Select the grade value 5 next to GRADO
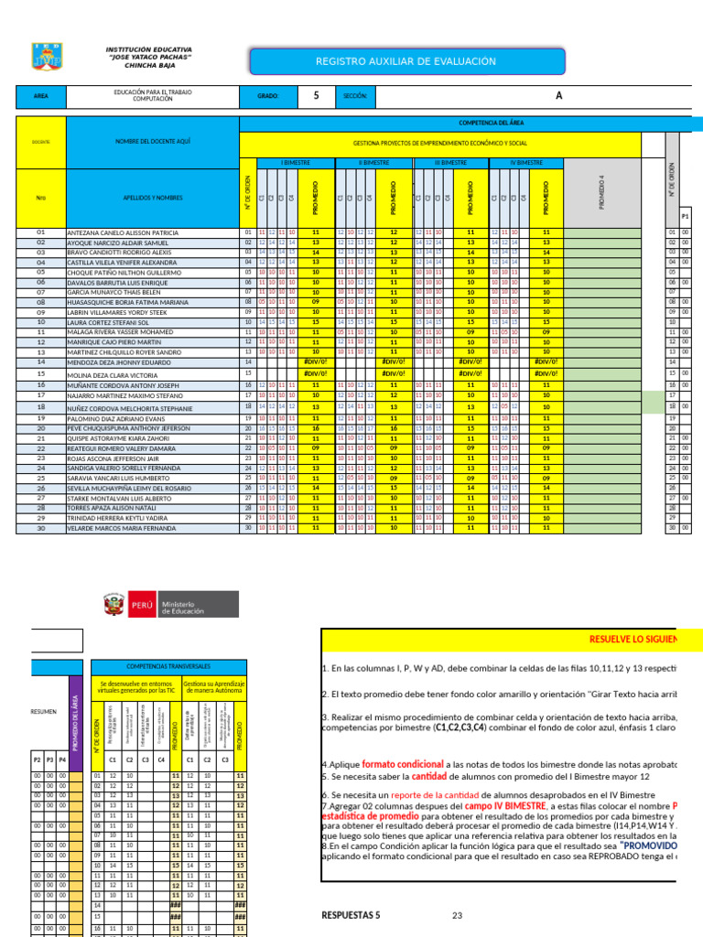[317, 95]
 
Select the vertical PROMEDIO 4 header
[601, 192]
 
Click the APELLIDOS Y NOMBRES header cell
[152, 197]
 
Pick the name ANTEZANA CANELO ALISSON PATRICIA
[123, 233]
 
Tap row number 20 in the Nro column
[40, 427]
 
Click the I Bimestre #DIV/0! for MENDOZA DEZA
[316, 362]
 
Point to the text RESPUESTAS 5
[351, 915]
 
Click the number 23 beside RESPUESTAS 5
[457, 915]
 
